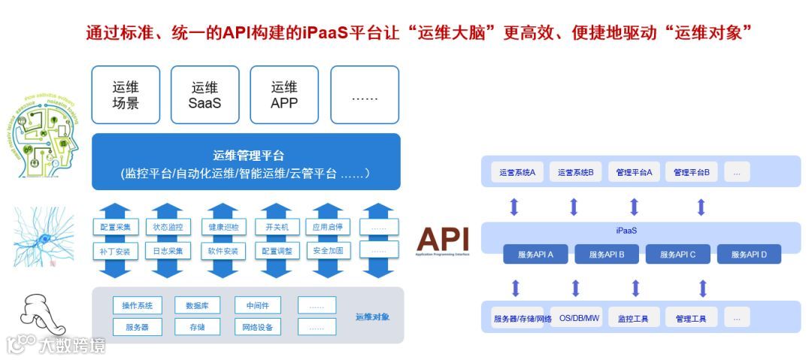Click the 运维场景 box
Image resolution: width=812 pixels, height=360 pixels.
[126, 95]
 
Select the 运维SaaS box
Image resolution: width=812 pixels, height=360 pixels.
[205, 95]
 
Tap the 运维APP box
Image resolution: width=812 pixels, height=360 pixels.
[285, 95]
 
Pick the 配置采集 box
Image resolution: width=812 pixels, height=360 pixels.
[116, 227]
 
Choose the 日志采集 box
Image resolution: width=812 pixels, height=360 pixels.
[168, 250]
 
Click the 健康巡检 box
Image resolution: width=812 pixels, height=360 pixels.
[223, 227]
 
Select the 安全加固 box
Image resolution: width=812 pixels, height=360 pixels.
[328, 250]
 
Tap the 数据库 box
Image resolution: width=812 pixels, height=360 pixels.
[197, 305]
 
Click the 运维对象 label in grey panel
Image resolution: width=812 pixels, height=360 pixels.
[373, 316]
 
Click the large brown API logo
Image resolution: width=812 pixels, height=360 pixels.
[444, 239]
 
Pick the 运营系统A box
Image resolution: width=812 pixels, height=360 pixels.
[517, 172]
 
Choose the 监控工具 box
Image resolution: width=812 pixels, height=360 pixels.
[633, 318]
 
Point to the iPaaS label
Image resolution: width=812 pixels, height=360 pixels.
[626, 231]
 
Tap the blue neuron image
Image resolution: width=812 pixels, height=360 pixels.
[44, 236]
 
